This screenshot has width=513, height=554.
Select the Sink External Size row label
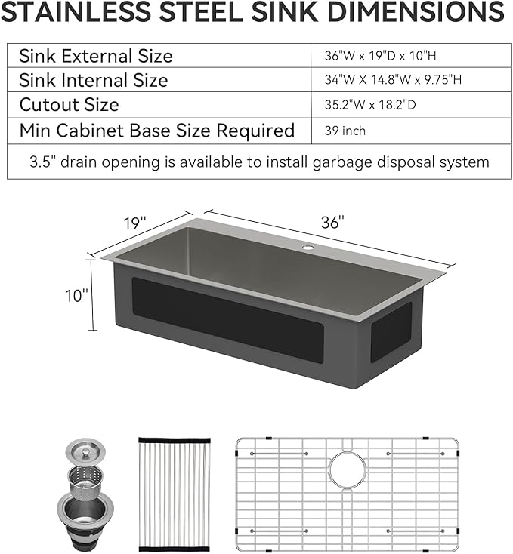(x=96, y=56)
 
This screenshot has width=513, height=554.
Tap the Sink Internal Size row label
(x=94, y=80)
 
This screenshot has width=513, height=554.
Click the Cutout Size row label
(x=69, y=105)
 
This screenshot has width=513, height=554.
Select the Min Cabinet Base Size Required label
(x=156, y=131)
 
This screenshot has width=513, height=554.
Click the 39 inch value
(x=345, y=131)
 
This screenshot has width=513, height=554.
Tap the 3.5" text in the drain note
(x=41, y=162)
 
